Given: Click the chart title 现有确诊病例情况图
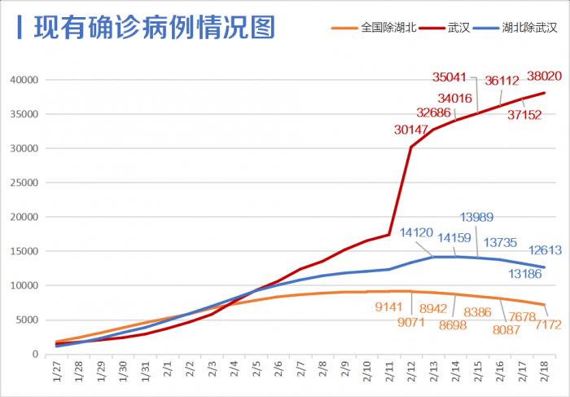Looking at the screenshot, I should point(154,27).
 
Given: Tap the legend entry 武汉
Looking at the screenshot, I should point(458,28).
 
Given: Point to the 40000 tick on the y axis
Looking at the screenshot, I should point(24,80).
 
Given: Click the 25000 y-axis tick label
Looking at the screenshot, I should point(24,183).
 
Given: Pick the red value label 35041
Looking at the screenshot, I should point(449,78).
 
